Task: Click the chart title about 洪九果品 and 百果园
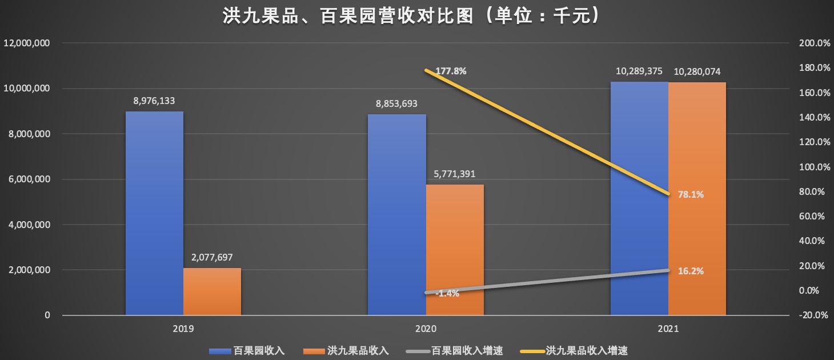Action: [x=411, y=15]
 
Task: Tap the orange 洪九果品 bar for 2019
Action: [x=212, y=291]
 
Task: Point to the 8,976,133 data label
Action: [x=154, y=101]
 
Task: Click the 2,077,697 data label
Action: [x=212, y=258]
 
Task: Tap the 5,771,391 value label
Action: [x=455, y=174]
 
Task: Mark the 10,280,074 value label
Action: [x=697, y=72]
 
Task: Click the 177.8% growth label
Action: [x=451, y=71]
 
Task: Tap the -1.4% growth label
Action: [x=447, y=293]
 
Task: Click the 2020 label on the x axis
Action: [x=426, y=329]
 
